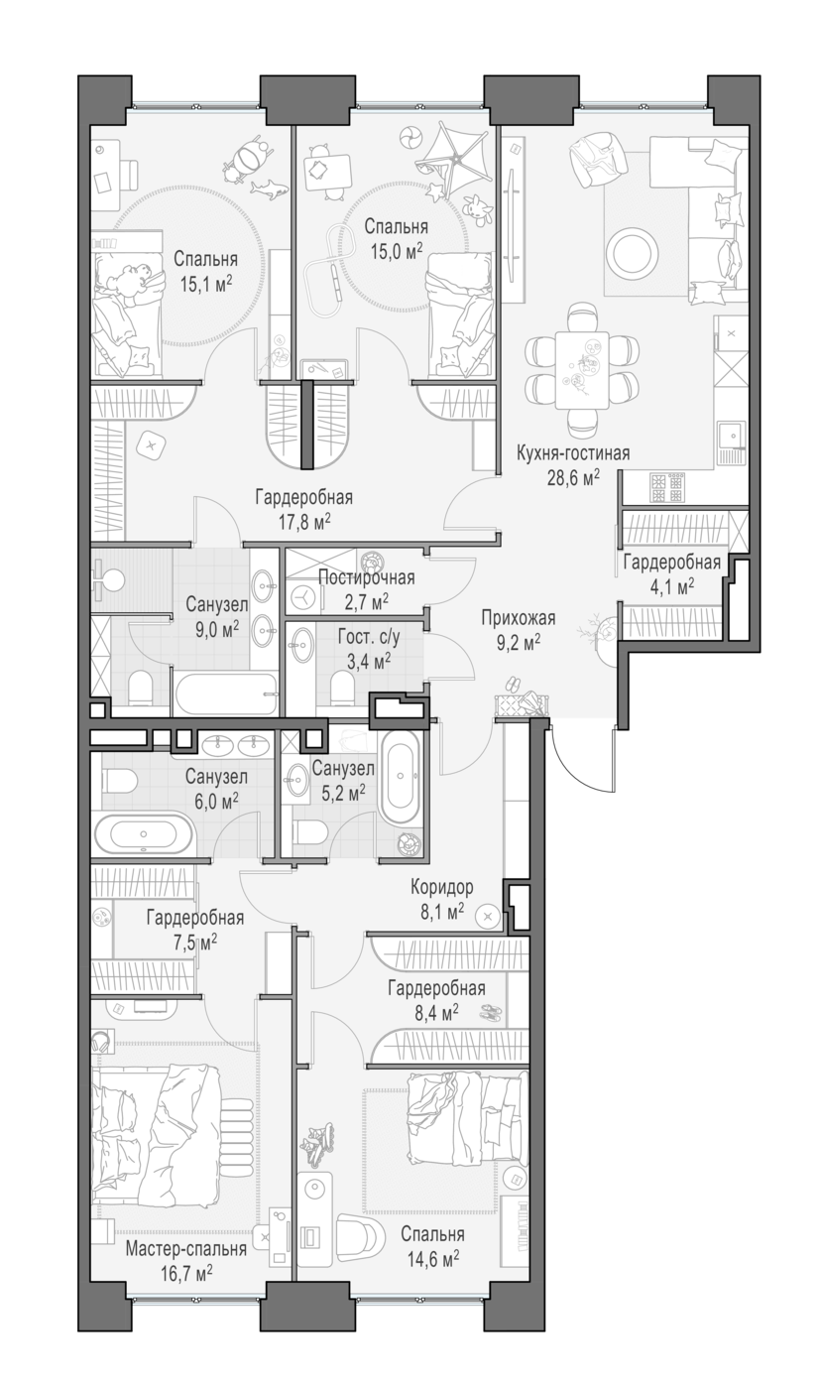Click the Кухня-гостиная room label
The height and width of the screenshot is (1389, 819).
[x=572, y=453]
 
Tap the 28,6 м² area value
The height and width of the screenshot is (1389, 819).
[x=573, y=478]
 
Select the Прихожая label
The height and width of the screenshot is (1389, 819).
[x=519, y=617]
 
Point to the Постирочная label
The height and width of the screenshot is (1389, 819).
[x=366, y=577]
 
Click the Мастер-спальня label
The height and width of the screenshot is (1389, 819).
[x=185, y=1249]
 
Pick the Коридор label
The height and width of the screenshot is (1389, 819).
[x=441, y=887]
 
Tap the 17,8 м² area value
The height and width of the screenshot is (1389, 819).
[x=303, y=522]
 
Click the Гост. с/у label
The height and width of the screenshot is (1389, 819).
[x=369, y=637]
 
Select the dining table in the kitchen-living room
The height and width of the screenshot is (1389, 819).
[x=582, y=370]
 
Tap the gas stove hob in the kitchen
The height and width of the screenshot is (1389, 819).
[x=666, y=487]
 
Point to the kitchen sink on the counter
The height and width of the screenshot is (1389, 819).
[x=733, y=435]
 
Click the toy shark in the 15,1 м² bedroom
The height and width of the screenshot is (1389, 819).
[x=270, y=189]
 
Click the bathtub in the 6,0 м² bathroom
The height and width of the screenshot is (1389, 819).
[x=144, y=834]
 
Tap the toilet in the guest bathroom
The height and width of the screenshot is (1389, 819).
[x=343, y=687]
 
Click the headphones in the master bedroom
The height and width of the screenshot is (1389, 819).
[x=101, y=1041]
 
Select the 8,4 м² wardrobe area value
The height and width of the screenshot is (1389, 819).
[x=436, y=1013]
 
